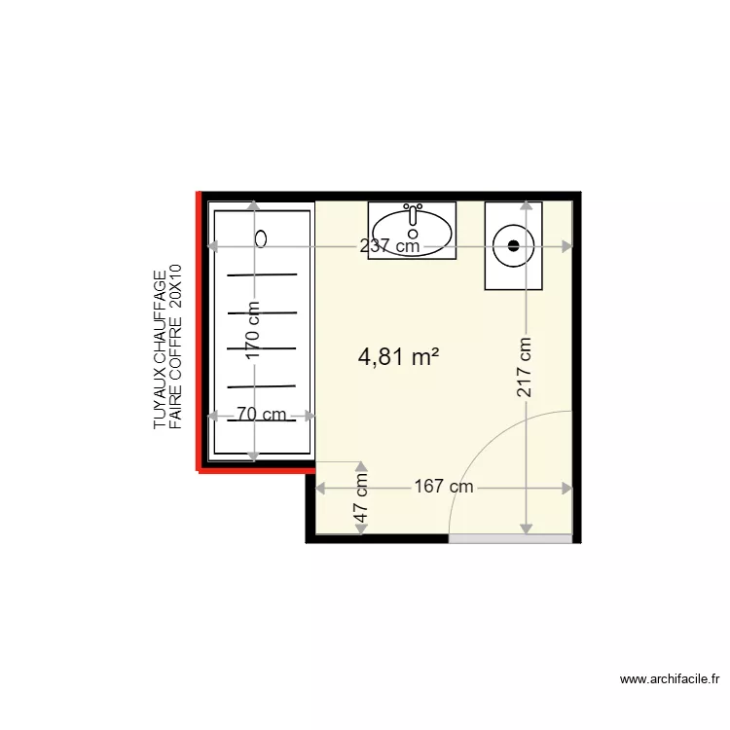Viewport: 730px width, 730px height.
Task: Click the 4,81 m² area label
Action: pos(398,357)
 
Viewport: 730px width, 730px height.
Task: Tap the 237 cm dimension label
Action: pos(389,246)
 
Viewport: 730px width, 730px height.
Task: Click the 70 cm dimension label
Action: pos(261,415)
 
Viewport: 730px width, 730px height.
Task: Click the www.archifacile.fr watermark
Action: pos(670,680)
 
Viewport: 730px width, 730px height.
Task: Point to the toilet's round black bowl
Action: pos(513,244)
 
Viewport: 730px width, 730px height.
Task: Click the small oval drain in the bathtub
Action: pos(261,237)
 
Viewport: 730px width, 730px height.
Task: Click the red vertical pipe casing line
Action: pos(200,331)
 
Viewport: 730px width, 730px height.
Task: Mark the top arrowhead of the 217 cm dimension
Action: pos(527,205)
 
